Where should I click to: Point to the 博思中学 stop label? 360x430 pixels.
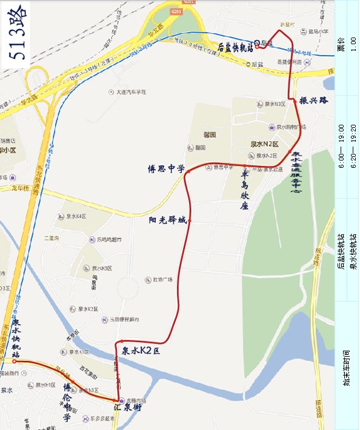[x=167, y=169]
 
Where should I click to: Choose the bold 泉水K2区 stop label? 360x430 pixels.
[x=141, y=351]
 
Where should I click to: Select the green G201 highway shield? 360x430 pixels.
[x=176, y=10]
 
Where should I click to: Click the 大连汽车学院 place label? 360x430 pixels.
[x=127, y=92]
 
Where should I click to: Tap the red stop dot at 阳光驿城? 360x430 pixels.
[x=190, y=221]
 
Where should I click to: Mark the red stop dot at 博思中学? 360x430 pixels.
[x=188, y=171]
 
